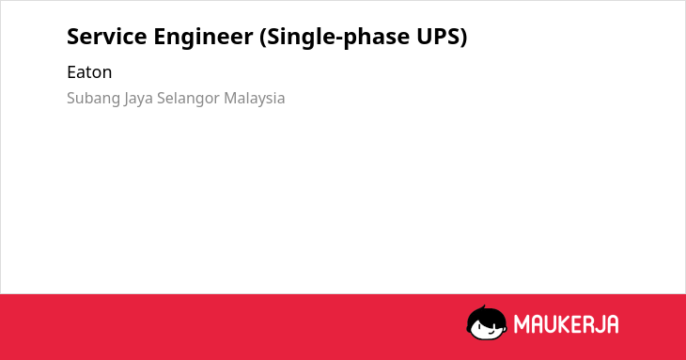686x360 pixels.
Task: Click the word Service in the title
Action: (107, 37)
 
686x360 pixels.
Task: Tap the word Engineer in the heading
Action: (203, 38)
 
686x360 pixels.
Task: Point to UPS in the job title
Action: (437, 37)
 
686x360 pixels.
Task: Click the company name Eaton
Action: (89, 72)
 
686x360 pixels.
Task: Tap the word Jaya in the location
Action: (138, 99)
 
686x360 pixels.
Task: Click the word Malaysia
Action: (254, 99)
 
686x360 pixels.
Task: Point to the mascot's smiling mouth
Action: (491, 332)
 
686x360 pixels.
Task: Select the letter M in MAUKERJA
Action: (522, 324)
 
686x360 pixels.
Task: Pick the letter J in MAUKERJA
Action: (599, 324)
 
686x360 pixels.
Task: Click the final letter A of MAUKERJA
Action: (612, 324)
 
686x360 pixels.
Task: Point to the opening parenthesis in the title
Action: (262, 38)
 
